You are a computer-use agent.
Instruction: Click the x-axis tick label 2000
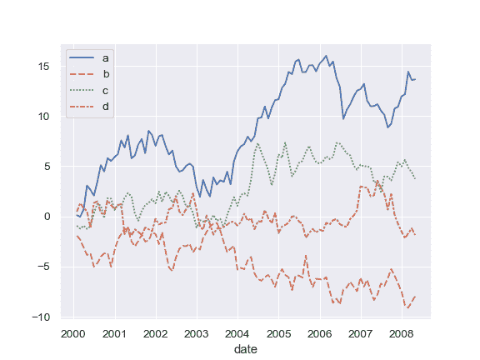click(x=73, y=334)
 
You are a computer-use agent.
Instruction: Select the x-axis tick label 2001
click(x=114, y=334)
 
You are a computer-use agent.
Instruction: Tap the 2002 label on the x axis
click(x=155, y=334)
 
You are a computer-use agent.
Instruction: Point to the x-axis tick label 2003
click(x=196, y=334)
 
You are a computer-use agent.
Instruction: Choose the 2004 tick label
click(x=237, y=334)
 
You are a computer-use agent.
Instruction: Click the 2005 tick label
click(x=277, y=334)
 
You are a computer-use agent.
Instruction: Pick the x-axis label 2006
click(x=318, y=334)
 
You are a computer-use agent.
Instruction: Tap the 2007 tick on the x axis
click(x=359, y=334)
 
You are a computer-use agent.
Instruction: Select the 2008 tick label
click(x=400, y=334)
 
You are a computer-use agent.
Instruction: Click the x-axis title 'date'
click(x=246, y=349)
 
